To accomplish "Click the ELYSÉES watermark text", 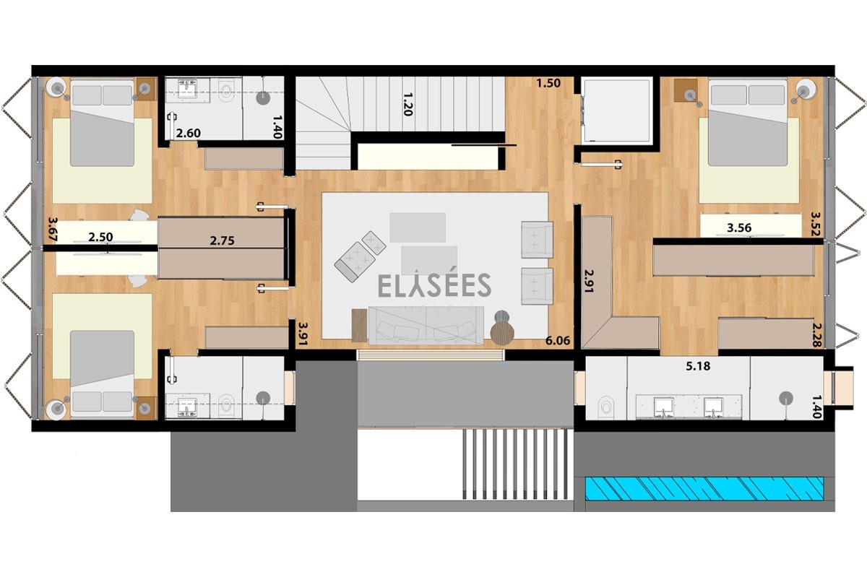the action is [x=434, y=285].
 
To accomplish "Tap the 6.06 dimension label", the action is [x=558, y=341].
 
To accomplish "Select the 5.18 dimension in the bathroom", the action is [x=698, y=366].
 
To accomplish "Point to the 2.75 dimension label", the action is [x=223, y=240].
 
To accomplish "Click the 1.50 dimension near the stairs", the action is [x=548, y=83].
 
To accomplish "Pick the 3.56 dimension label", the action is [x=739, y=227].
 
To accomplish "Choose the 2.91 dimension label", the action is [x=589, y=281].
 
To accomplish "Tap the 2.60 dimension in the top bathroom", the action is [x=189, y=134].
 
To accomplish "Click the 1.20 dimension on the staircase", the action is [x=408, y=104].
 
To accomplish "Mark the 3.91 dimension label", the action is [x=303, y=334].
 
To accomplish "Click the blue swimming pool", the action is [x=704, y=489].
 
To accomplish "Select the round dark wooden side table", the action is [x=502, y=333].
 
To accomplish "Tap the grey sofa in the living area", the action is [x=426, y=325].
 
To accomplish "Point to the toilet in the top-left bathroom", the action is [x=226, y=91].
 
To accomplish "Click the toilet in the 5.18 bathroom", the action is [x=605, y=407].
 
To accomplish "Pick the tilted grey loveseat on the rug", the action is [x=360, y=256].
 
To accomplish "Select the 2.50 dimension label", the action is [x=100, y=237].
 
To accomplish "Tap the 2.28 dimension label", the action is [x=816, y=335].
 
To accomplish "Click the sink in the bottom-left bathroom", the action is [x=187, y=407].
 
